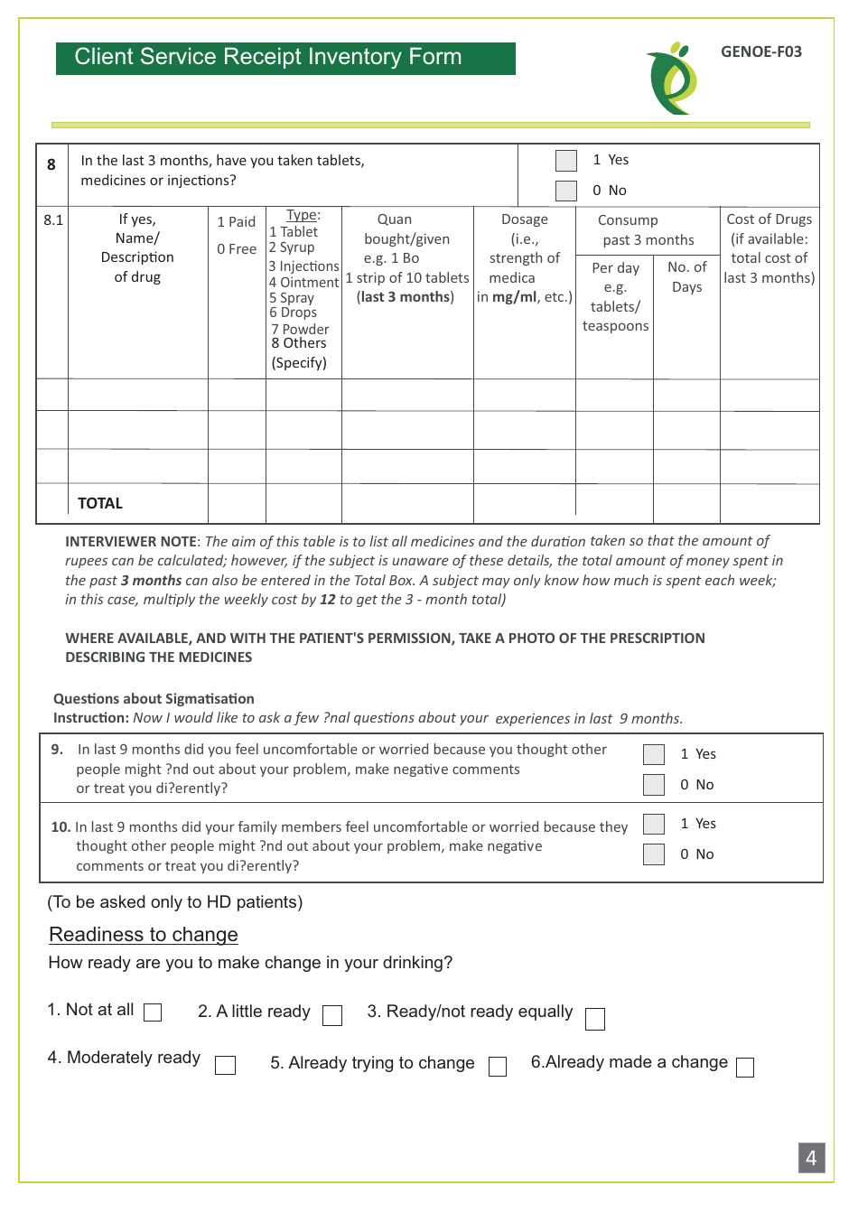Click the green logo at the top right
click(x=672, y=79)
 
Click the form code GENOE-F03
click(x=760, y=51)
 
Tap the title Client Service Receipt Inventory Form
click(x=267, y=57)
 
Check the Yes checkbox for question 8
click(x=566, y=161)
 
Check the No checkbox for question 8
click(x=566, y=191)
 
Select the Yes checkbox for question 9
click(x=654, y=754)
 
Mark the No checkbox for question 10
click(x=654, y=854)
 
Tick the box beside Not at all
click(x=154, y=1012)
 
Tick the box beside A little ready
click(x=332, y=1016)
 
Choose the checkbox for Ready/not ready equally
click(x=595, y=1019)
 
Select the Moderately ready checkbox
click(x=226, y=1066)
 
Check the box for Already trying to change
click(x=498, y=1067)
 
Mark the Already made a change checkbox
click(x=745, y=1068)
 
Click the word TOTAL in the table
click(x=100, y=503)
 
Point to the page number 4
click(x=811, y=1158)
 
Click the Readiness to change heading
click(x=144, y=935)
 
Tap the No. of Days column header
click(x=686, y=276)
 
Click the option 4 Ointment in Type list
click(x=303, y=282)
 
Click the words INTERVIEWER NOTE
click(x=131, y=541)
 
